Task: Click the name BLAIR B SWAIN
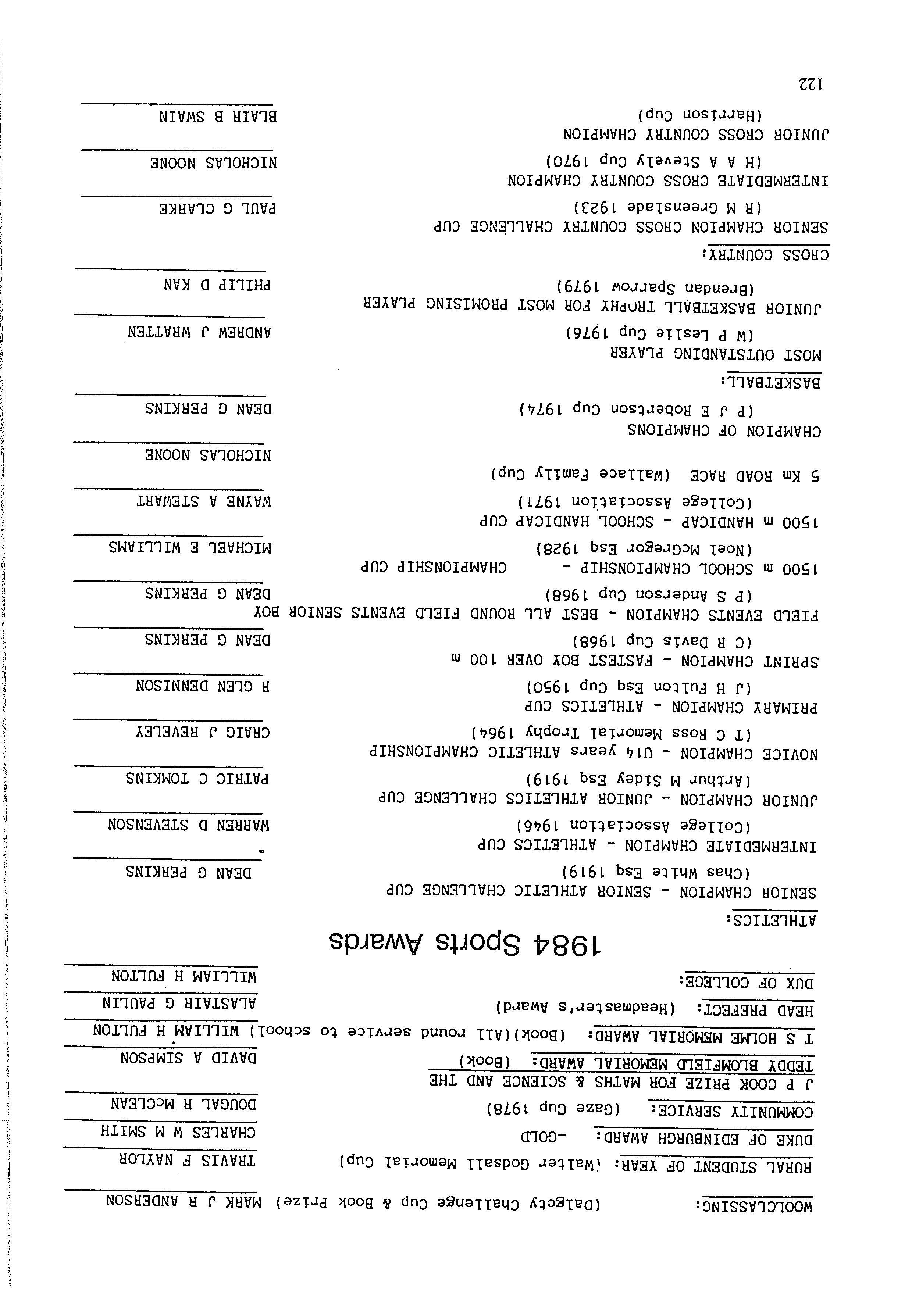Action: pyautogui.click(x=218, y=117)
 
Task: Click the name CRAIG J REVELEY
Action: pyautogui.click(x=203, y=733)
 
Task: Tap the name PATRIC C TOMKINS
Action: pyautogui.click(x=197, y=779)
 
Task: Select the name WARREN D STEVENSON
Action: pyautogui.click(x=189, y=825)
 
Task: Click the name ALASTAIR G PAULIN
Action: pyautogui.click(x=179, y=1003)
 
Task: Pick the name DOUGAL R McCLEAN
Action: pyautogui.click(x=184, y=1104)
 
